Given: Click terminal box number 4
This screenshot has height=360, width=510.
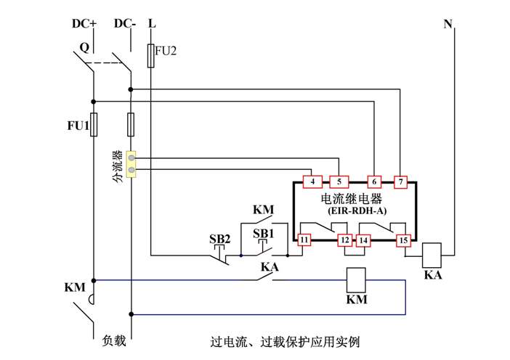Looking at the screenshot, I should pyautogui.click(x=311, y=181).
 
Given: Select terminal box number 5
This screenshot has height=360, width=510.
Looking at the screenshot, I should pyautogui.click(x=339, y=181).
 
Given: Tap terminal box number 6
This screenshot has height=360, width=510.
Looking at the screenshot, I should pyautogui.click(x=374, y=181).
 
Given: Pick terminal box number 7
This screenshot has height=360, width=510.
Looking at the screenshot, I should pyautogui.click(x=400, y=181).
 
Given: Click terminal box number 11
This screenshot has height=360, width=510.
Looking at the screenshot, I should pyautogui.click(x=304, y=239).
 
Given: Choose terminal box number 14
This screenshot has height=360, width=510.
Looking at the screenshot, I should pyautogui.click(x=363, y=240).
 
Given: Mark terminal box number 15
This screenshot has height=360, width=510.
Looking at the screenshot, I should pyautogui.click(x=403, y=240).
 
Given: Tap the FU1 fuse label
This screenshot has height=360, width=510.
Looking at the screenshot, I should pyautogui.click(x=77, y=125).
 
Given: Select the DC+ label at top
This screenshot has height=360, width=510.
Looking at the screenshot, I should pyautogui.click(x=84, y=24).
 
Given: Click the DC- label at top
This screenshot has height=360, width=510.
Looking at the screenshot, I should pyautogui.click(x=125, y=24).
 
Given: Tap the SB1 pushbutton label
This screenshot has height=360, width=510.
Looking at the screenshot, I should pyautogui.click(x=262, y=234).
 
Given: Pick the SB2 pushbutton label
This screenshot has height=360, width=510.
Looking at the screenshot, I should pyautogui.click(x=220, y=240).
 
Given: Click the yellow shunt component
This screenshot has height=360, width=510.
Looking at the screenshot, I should pyautogui.click(x=131, y=164).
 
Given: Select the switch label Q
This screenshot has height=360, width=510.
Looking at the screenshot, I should pyautogui.click(x=84, y=48).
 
